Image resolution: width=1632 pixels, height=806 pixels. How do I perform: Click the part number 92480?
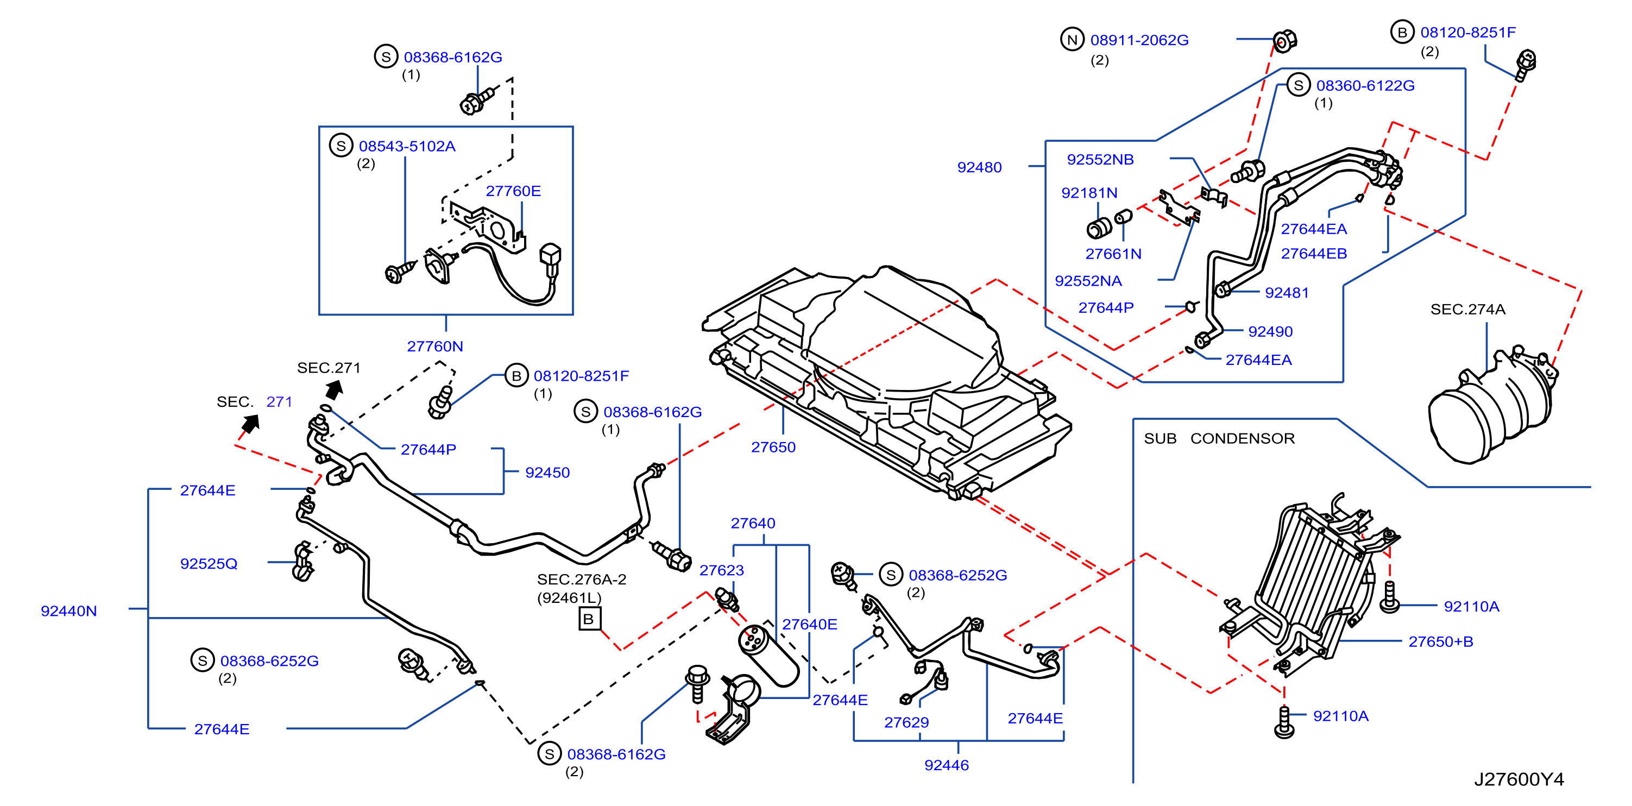tap(979, 167)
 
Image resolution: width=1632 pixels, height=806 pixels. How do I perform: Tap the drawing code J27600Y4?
tap(1518, 779)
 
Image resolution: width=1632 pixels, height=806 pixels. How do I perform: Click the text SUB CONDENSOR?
tap(1219, 438)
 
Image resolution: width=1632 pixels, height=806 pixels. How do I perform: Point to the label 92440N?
tap(68, 611)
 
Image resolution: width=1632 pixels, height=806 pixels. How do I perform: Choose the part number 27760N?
tap(434, 346)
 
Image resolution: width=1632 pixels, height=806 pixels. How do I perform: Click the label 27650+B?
tap(1441, 641)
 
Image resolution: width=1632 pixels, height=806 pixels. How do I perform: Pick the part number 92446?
tap(947, 765)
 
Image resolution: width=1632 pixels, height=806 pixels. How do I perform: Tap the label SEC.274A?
tap(1467, 309)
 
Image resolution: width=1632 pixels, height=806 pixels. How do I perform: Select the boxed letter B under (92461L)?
tap(589, 619)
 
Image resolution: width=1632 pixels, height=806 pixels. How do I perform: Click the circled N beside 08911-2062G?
tap(1072, 39)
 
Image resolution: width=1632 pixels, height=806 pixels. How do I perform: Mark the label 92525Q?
tap(209, 563)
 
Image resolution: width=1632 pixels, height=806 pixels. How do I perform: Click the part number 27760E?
tap(513, 191)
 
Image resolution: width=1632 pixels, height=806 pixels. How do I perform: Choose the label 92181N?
tap(1089, 193)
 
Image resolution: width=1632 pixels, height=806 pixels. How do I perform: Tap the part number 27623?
tap(722, 570)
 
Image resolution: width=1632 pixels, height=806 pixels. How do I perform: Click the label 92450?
tap(547, 472)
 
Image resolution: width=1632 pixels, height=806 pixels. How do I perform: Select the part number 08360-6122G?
tap(1365, 86)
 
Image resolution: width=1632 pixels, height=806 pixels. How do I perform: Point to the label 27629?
tap(906, 722)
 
